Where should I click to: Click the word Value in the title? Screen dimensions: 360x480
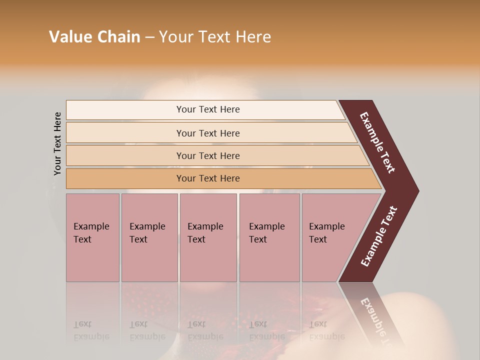click(x=69, y=37)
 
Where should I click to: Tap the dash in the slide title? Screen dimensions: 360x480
click(x=149, y=37)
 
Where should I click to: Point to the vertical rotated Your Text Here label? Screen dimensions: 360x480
click(x=57, y=143)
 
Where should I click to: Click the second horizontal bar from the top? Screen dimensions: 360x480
click(x=207, y=133)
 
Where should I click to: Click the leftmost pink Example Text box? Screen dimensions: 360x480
click(x=92, y=237)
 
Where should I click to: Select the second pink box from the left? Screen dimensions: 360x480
click(x=149, y=237)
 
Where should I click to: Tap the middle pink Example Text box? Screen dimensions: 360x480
click(x=208, y=237)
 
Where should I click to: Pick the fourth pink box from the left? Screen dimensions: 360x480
click(x=269, y=237)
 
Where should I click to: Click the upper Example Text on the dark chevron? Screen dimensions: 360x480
click(x=377, y=142)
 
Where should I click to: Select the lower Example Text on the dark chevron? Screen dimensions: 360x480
click(x=379, y=236)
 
